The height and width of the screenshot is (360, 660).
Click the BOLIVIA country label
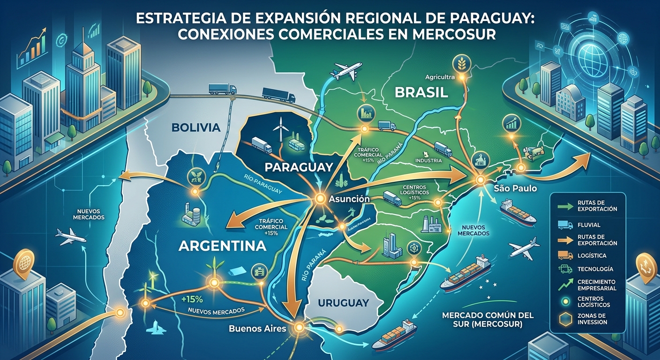(x=196, y=127)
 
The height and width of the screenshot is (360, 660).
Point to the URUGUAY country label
(x=343, y=303)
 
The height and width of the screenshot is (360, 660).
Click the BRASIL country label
(x=421, y=92)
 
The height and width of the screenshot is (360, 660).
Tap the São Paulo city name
(x=515, y=189)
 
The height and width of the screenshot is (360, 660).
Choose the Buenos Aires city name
(x=257, y=328)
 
